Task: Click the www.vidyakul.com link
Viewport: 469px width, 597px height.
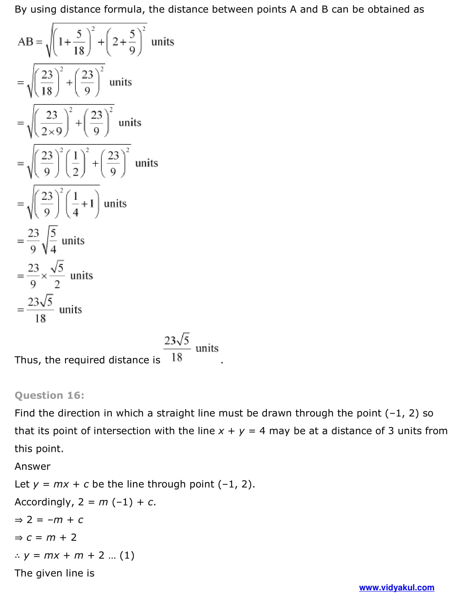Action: pyautogui.click(x=396, y=588)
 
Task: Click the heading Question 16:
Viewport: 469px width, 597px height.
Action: pyautogui.click(x=49, y=395)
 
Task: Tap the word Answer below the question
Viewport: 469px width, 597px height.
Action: pyautogui.click(x=33, y=466)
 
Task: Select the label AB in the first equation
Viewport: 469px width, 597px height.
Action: pyautogui.click(x=26, y=42)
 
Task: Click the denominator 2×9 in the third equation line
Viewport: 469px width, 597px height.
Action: pyautogui.click(x=52, y=131)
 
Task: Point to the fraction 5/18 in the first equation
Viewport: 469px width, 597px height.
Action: pyautogui.click(x=79, y=42)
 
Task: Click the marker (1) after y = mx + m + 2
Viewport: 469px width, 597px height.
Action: pyautogui.click(x=127, y=555)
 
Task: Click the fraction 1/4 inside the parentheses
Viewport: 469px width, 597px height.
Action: pyautogui.click(x=75, y=204)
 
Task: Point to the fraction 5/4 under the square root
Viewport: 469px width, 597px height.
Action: pyautogui.click(x=53, y=241)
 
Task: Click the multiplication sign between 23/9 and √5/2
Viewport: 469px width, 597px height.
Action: pyautogui.click(x=44, y=276)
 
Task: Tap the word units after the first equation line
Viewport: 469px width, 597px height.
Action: pyautogui.click(x=163, y=42)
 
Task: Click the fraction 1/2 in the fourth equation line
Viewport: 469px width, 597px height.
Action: pyautogui.click(x=75, y=163)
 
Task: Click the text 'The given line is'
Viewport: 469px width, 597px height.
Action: pyautogui.click(x=54, y=573)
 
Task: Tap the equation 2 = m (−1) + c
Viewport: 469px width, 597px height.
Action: pyautogui.click(x=117, y=502)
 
